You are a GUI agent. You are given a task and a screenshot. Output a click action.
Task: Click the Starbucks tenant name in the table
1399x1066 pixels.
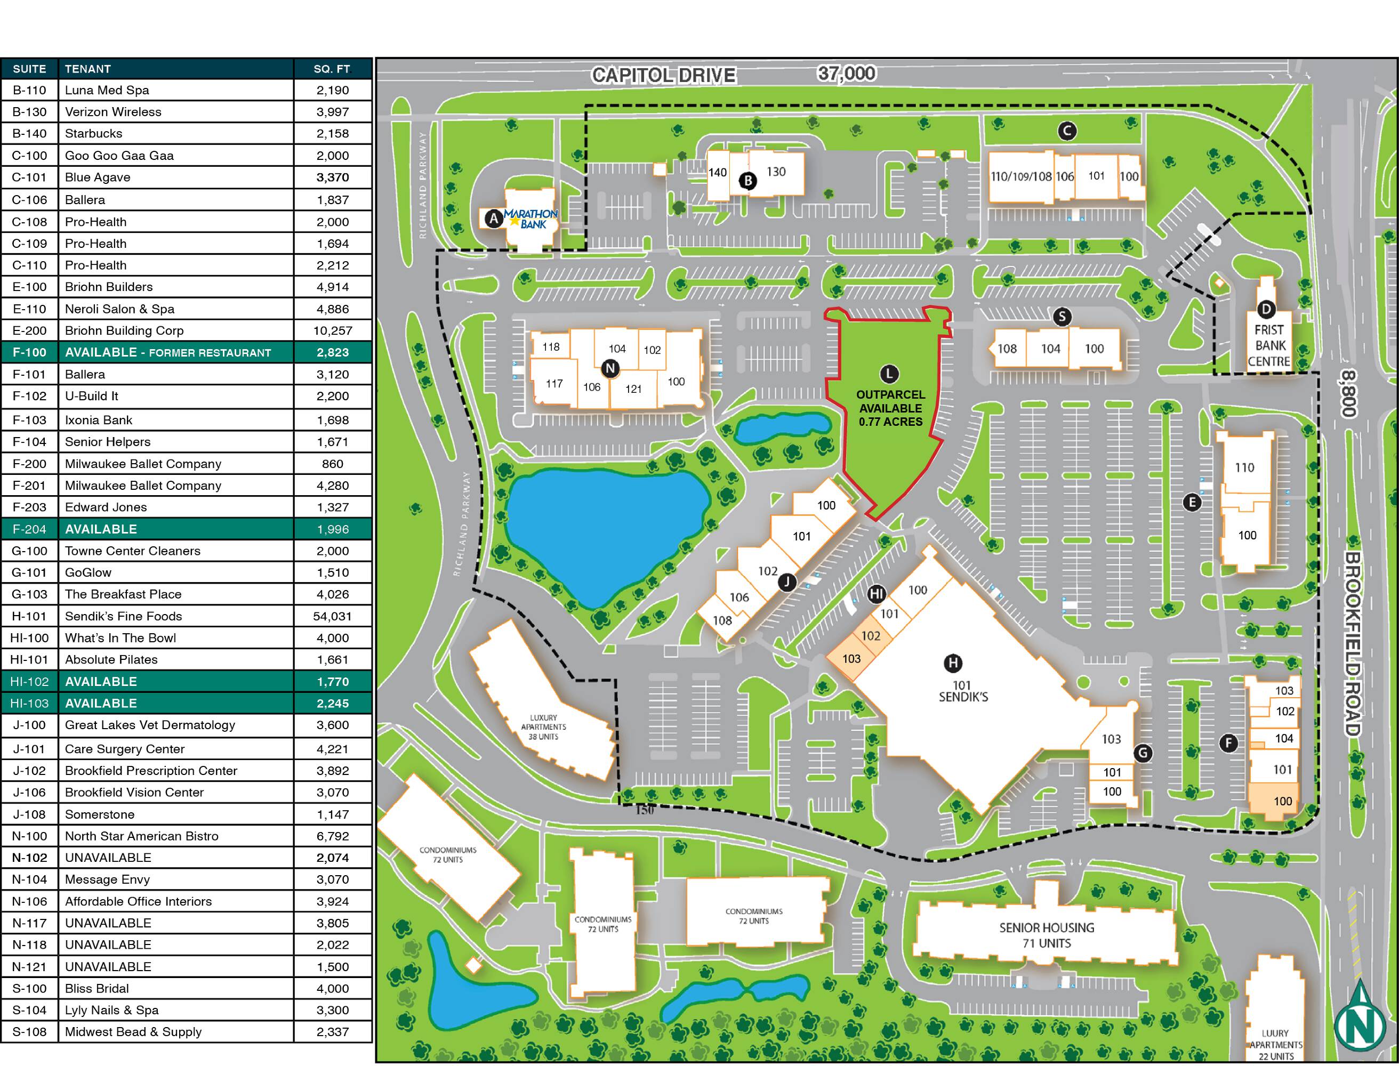(x=93, y=133)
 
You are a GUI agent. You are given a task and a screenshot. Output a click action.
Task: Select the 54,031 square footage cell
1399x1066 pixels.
(x=333, y=616)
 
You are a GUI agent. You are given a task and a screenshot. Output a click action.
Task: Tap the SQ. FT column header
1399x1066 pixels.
(x=332, y=69)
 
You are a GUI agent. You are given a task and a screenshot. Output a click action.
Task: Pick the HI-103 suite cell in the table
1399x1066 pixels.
(x=29, y=703)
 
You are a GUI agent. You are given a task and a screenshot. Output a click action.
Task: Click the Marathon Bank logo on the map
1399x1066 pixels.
(x=530, y=219)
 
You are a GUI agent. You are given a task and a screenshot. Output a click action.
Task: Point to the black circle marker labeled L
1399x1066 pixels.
(x=889, y=374)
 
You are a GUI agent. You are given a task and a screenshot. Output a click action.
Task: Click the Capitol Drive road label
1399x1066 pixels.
(x=663, y=76)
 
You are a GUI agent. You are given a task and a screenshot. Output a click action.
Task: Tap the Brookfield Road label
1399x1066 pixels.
(x=1352, y=643)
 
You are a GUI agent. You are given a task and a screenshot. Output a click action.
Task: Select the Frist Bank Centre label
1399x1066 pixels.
(x=1269, y=346)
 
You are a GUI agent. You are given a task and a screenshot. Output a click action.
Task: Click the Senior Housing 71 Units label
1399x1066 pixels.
(x=1047, y=935)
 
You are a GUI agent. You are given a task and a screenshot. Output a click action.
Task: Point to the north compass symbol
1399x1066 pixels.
(x=1359, y=1016)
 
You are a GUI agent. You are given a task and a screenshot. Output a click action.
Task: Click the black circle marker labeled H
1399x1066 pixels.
(x=953, y=663)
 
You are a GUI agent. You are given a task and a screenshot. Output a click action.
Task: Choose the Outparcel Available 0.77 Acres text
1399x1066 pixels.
(x=890, y=408)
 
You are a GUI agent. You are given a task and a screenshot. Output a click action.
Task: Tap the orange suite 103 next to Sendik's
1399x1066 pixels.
(x=851, y=659)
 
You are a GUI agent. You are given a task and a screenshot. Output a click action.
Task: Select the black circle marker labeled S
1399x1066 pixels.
(x=1062, y=317)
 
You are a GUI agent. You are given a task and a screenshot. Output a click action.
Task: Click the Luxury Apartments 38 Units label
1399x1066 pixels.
(x=543, y=727)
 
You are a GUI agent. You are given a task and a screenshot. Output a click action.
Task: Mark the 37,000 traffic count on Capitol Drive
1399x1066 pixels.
(x=846, y=74)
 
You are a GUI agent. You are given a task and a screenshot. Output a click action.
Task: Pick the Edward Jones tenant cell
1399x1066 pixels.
(x=106, y=507)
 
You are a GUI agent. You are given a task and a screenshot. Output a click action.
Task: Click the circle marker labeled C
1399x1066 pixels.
(x=1067, y=131)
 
